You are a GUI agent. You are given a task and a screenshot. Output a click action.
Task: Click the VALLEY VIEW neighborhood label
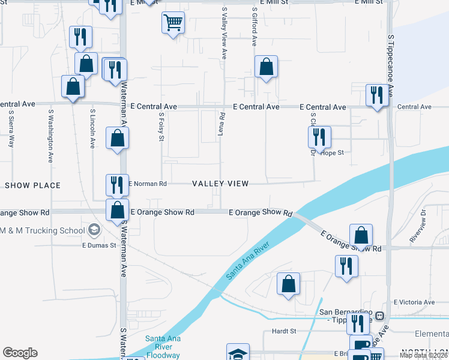[220, 184]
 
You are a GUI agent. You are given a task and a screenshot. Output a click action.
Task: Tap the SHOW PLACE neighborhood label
[33, 185]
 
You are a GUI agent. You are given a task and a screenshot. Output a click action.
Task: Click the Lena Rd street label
[222, 124]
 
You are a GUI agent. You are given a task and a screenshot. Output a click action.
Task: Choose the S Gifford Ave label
[255, 26]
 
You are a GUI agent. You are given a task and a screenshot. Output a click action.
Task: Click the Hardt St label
[284, 331]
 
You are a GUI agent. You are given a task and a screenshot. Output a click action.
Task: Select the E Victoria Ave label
[414, 302]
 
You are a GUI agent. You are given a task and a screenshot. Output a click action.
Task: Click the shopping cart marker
[173, 23]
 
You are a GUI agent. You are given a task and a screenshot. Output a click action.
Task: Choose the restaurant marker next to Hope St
[319, 137]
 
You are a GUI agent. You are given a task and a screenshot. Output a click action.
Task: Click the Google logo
[20, 352]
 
